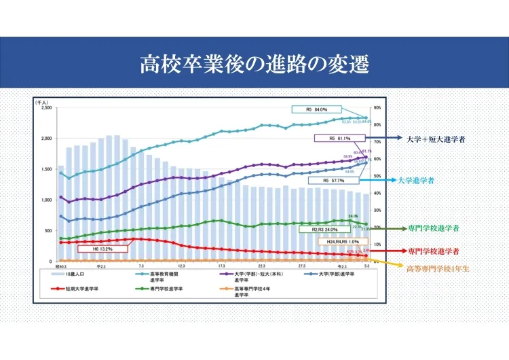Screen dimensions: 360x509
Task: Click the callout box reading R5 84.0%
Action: (316, 109)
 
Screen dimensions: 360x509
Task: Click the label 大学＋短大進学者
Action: (435, 139)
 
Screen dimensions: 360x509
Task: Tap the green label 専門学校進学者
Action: (434, 228)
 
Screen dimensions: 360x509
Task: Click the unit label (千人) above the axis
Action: (43, 101)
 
